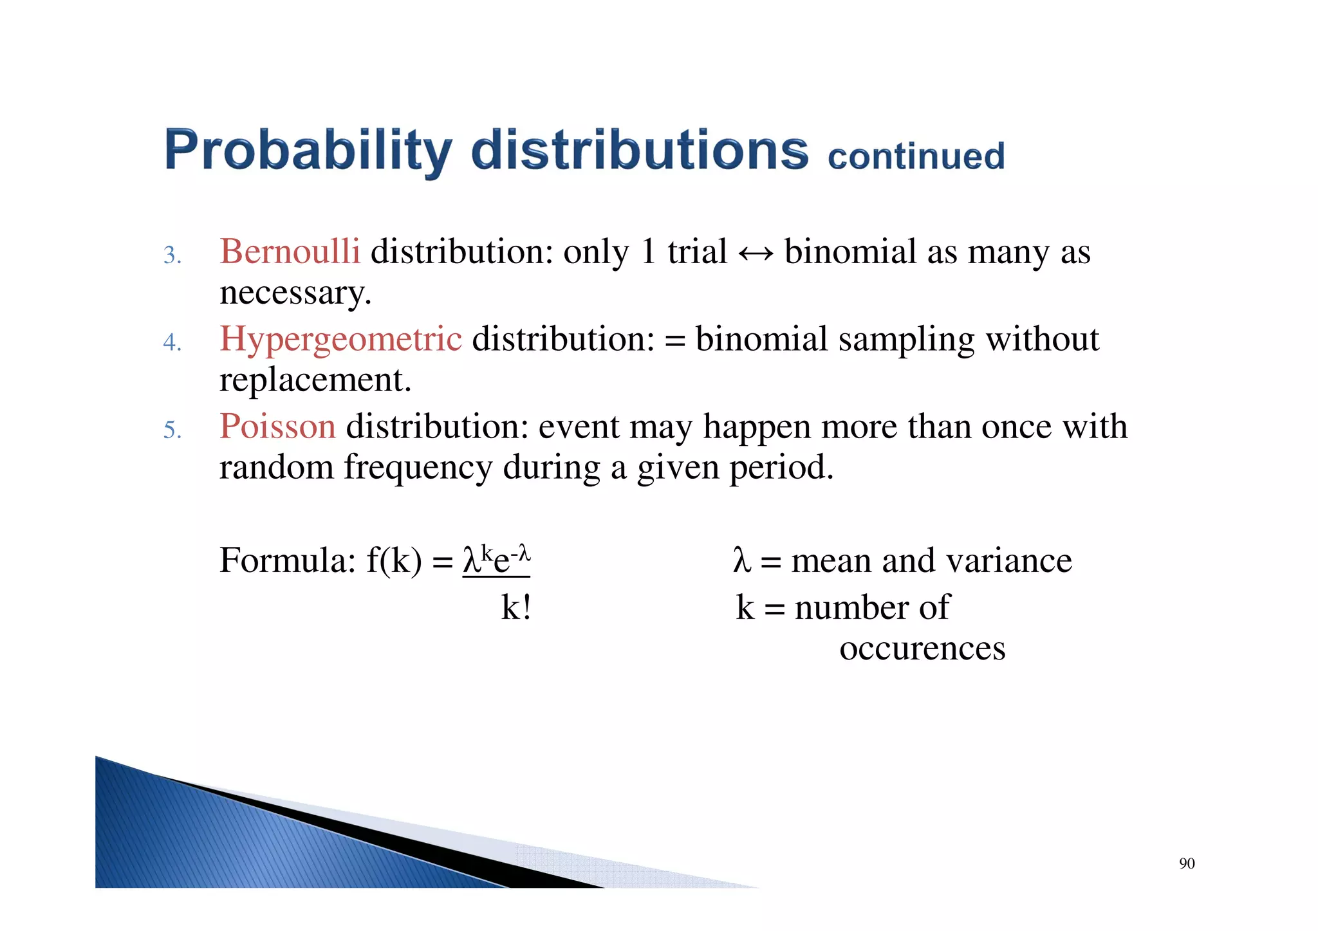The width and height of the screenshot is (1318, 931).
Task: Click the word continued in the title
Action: tap(916, 157)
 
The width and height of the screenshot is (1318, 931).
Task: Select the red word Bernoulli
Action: tap(290, 251)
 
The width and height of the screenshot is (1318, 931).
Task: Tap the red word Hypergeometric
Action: tap(340, 339)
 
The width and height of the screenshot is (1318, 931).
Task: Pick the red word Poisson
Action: tap(277, 427)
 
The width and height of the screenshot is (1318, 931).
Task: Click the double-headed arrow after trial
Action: tap(756, 253)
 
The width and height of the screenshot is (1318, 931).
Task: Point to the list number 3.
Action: tap(171, 255)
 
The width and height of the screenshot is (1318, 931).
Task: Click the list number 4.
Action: tap(171, 343)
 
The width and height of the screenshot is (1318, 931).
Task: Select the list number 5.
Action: tap(171, 430)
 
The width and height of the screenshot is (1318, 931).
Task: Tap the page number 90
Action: tap(1187, 863)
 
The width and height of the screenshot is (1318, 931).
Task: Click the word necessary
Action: tap(295, 293)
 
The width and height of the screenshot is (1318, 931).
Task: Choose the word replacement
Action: tap(315, 380)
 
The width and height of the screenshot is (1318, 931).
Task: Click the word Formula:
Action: tap(287, 560)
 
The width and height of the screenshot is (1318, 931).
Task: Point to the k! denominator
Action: tap(516, 607)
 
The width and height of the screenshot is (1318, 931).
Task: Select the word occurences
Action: tap(922, 649)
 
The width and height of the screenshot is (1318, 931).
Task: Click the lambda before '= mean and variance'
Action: tap(741, 560)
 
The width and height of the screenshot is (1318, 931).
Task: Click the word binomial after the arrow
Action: tap(850, 251)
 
